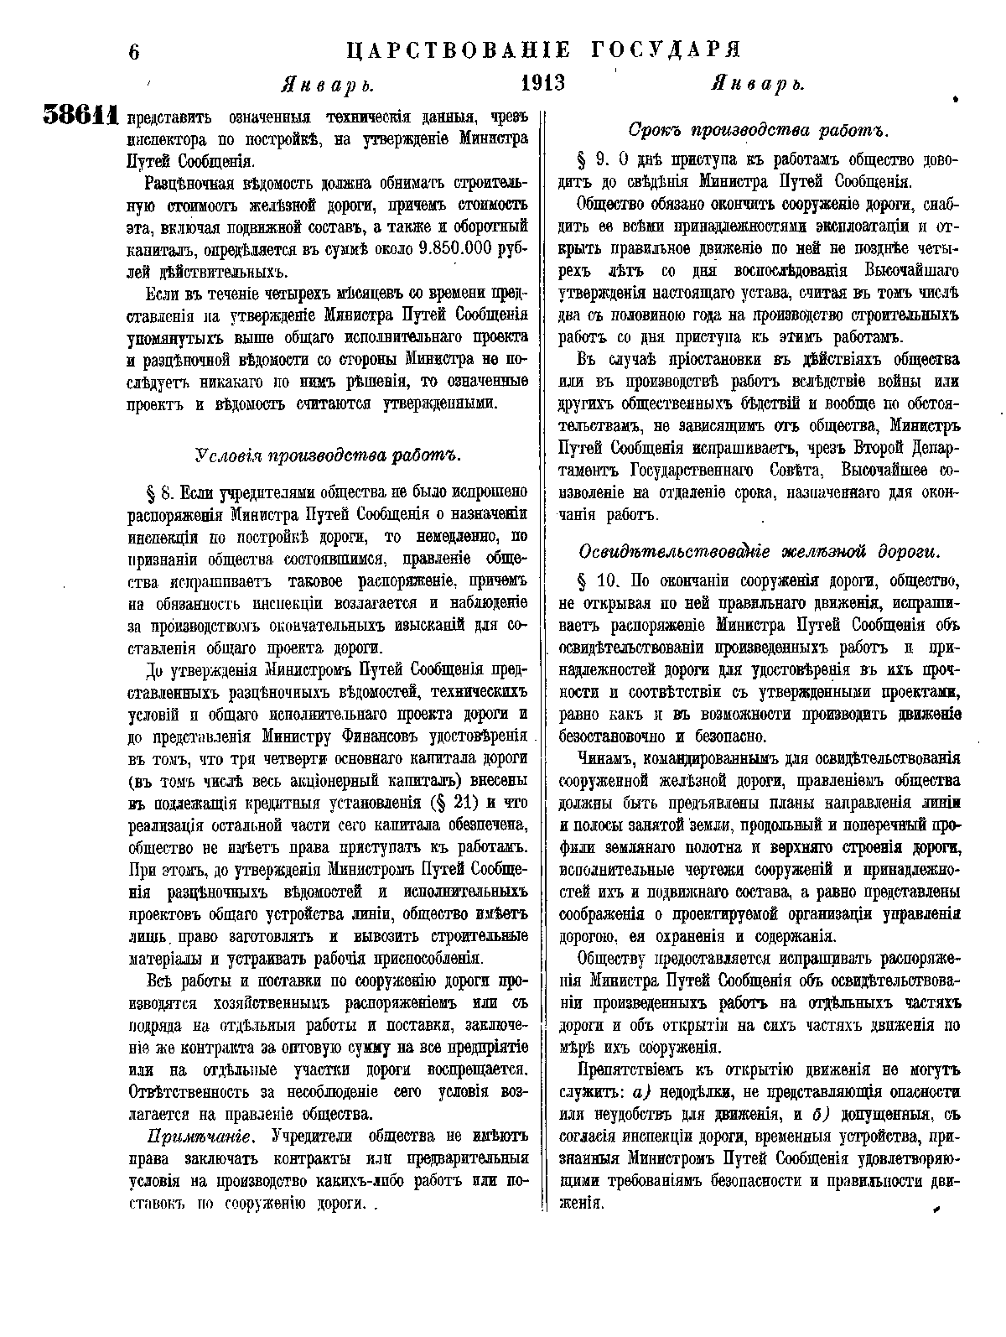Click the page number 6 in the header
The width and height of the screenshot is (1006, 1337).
(x=133, y=53)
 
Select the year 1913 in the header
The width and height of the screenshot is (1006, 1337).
(x=543, y=85)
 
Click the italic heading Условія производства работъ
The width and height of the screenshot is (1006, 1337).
(x=328, y=455)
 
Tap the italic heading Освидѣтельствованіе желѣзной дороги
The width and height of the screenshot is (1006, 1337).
(x=760, y=552)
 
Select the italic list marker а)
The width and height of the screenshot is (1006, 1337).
(x=641, y=1091)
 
